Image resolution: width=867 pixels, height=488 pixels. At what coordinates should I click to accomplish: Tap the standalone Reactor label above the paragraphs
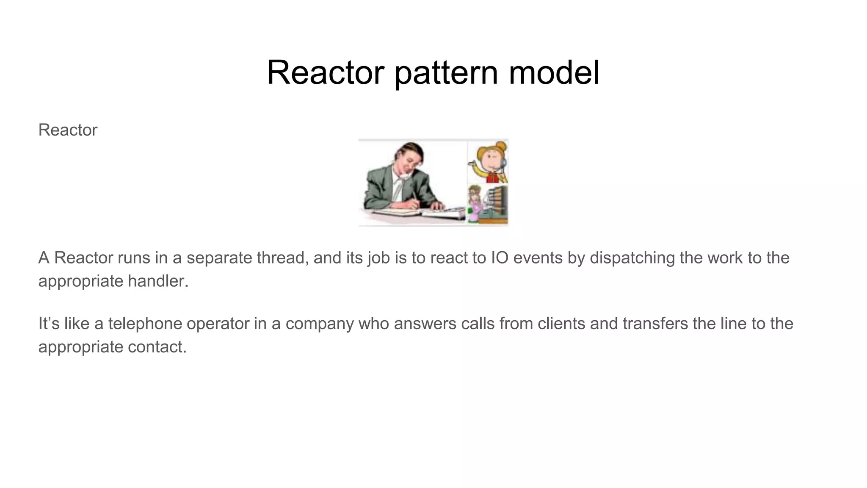pyautogui.click(x=68, y=130)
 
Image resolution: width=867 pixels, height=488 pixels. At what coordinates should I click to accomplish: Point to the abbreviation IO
pyautogui.click(x=500, y=258)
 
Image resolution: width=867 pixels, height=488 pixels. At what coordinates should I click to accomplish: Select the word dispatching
pyautogui.click(x=632, y=258)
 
